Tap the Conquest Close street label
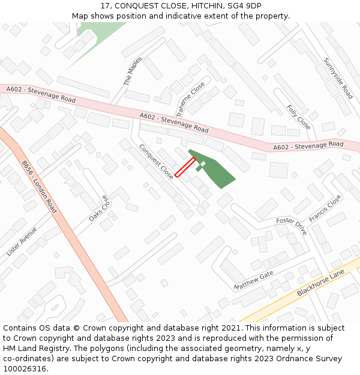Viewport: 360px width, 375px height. [157, 161]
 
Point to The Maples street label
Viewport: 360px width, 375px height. [133, 71]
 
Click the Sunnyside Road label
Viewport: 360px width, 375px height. [338, 78]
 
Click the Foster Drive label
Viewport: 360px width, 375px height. [292, 226]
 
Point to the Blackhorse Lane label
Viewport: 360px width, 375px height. [320, 283]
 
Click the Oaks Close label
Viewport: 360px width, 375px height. [100, 208]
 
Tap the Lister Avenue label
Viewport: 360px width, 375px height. [22, 241]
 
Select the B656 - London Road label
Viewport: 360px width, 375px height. [39, 187]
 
